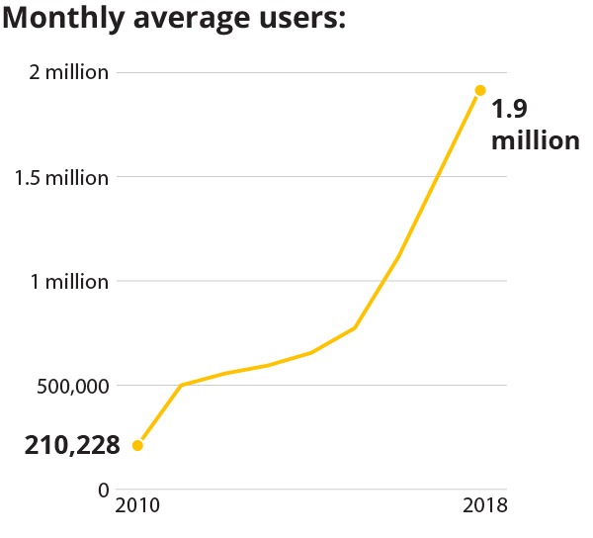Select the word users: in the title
[296, 19]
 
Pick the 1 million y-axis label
[69, 282]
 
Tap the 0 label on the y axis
[103, 490]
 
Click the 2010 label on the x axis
[137, 506]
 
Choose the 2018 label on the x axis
[484, 506]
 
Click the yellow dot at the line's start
[137, 445]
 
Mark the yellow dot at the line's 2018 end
[480, 91]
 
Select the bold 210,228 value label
[72, 446]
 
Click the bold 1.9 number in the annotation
[510, 109]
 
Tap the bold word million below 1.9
[535, 140]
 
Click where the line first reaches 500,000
[181, 385]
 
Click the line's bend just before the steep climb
[355, 327]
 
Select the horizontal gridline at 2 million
[296, 73]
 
